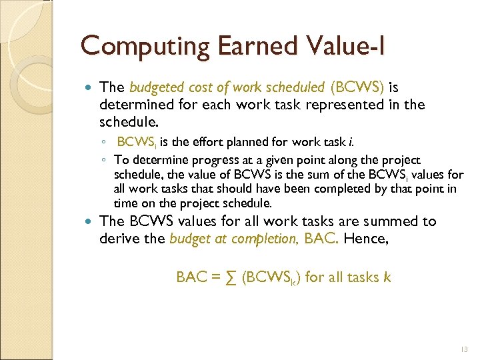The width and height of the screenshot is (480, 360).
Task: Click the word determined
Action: pos(132,105)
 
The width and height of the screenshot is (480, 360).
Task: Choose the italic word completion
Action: pos(263,239)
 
